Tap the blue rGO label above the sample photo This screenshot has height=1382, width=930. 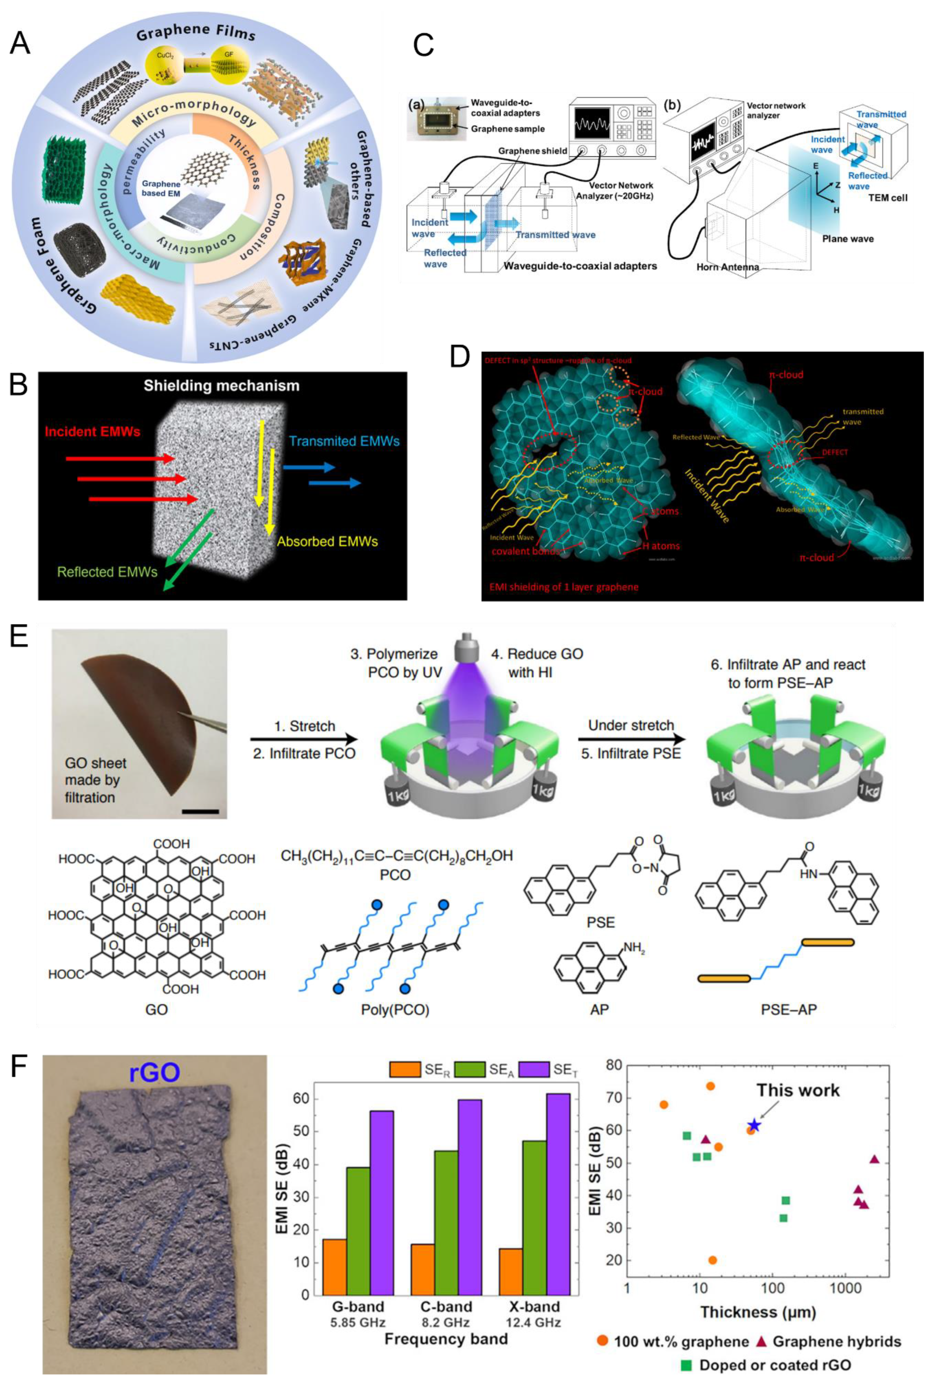coord(154,1072)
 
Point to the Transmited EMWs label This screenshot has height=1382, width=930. coord(344,441)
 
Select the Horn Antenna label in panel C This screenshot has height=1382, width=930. coord(728,267)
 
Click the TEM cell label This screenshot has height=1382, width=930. coord(887,198)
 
